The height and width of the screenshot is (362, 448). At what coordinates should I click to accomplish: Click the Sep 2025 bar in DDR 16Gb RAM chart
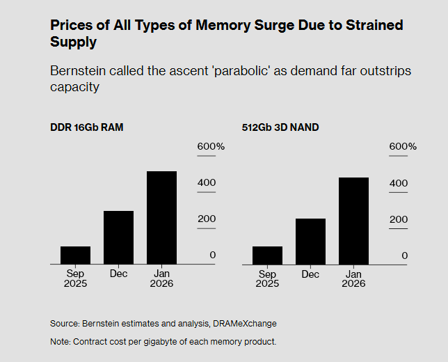click(75, 255)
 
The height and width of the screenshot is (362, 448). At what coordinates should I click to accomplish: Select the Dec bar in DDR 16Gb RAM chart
click(118, 237)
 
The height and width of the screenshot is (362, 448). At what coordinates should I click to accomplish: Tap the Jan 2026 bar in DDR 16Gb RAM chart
click(161, 218)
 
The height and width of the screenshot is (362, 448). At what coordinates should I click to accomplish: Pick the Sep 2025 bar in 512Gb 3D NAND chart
click(267, 255)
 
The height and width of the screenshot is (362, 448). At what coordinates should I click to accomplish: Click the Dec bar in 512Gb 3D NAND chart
click(310, 242)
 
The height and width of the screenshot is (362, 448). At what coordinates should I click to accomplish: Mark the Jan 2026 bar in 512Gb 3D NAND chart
click(353, 221)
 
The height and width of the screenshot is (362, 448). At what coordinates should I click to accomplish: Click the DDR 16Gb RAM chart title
click(87, 127)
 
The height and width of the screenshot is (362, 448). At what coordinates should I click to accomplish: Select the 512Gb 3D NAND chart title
click(280, 127)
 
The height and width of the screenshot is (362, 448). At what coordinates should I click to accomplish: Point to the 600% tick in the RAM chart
click(211, 147)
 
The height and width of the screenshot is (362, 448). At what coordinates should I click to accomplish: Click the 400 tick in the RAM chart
click(207, 183)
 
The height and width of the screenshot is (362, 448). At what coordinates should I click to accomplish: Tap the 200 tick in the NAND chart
click(399, 219)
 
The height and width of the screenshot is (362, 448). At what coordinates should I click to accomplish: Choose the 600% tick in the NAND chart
click(403, 147)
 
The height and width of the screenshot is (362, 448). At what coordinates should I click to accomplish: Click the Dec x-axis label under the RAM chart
click(118, 274)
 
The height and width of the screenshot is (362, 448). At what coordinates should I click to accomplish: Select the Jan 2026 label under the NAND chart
click(353, 278)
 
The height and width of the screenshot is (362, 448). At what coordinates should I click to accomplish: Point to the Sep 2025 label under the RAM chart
click(75, 278)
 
